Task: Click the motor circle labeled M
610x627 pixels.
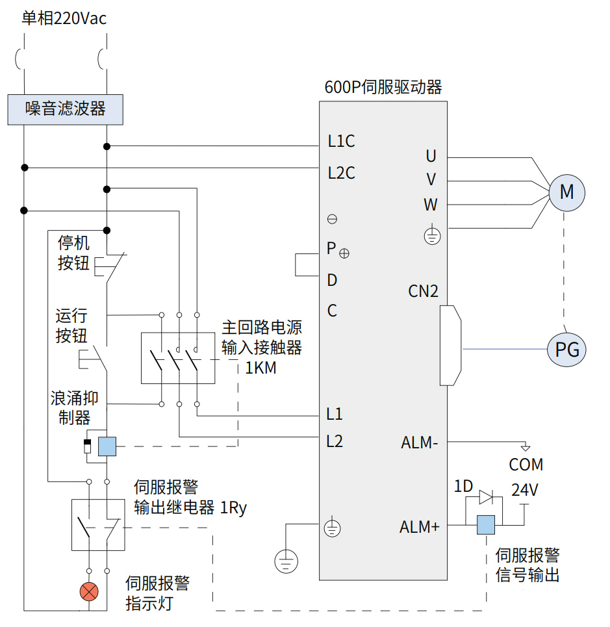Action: [x=566, y=192]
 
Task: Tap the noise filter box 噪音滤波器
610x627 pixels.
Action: [x=65, y=109]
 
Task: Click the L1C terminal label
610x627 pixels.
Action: [x=341, y=141]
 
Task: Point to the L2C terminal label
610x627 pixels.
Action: [x=341, y=173]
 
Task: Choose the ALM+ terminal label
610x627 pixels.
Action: [x=419, y=527]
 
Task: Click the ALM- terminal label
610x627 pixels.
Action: [x=419, y=443]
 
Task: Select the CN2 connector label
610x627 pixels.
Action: [x=423, y=291]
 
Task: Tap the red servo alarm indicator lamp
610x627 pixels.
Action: [x=89, y=591]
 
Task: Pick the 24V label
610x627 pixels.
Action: [x=525, y=489]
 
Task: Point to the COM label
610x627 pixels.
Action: [x=526, y=465]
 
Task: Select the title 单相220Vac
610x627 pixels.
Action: [x=64, y=18]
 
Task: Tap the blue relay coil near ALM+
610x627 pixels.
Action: [x=486, y=524]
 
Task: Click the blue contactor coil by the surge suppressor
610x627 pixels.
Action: [x=107, y=446]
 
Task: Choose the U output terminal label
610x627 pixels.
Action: [x=431, y=156]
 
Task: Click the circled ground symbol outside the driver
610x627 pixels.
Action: [x=285, y=559]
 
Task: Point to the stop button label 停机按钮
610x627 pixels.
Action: [x=73, y=253]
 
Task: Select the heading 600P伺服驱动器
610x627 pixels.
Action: [x=383, y=87]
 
